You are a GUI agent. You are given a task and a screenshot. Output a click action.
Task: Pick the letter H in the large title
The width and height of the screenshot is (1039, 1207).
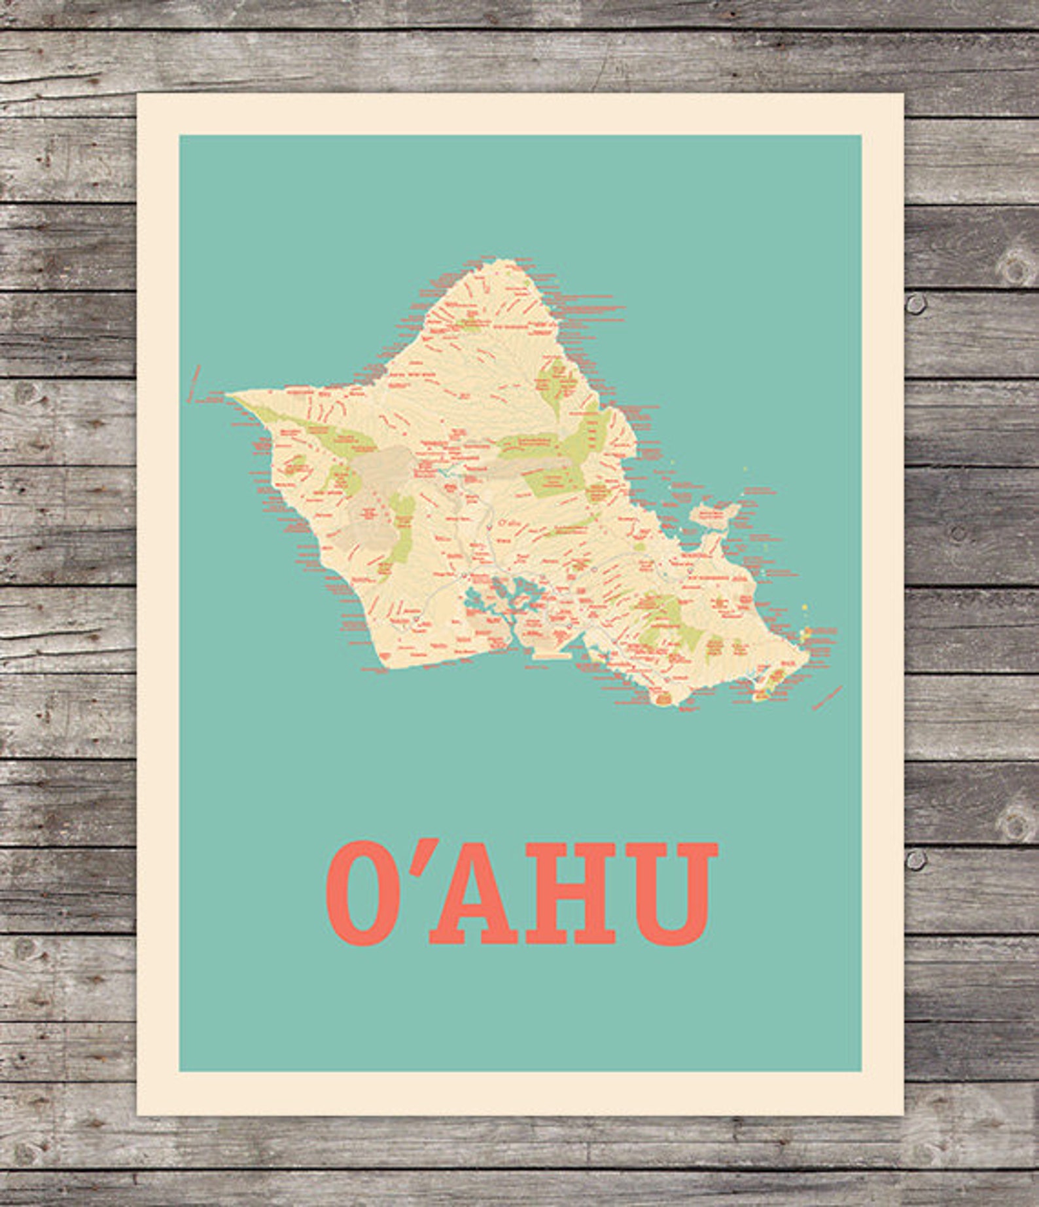click(571, 893)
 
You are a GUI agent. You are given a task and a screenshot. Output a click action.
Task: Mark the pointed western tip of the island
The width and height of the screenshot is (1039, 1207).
click(229, 395)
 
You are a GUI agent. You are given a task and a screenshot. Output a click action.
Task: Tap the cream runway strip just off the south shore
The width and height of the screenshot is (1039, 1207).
click(553, 654)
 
